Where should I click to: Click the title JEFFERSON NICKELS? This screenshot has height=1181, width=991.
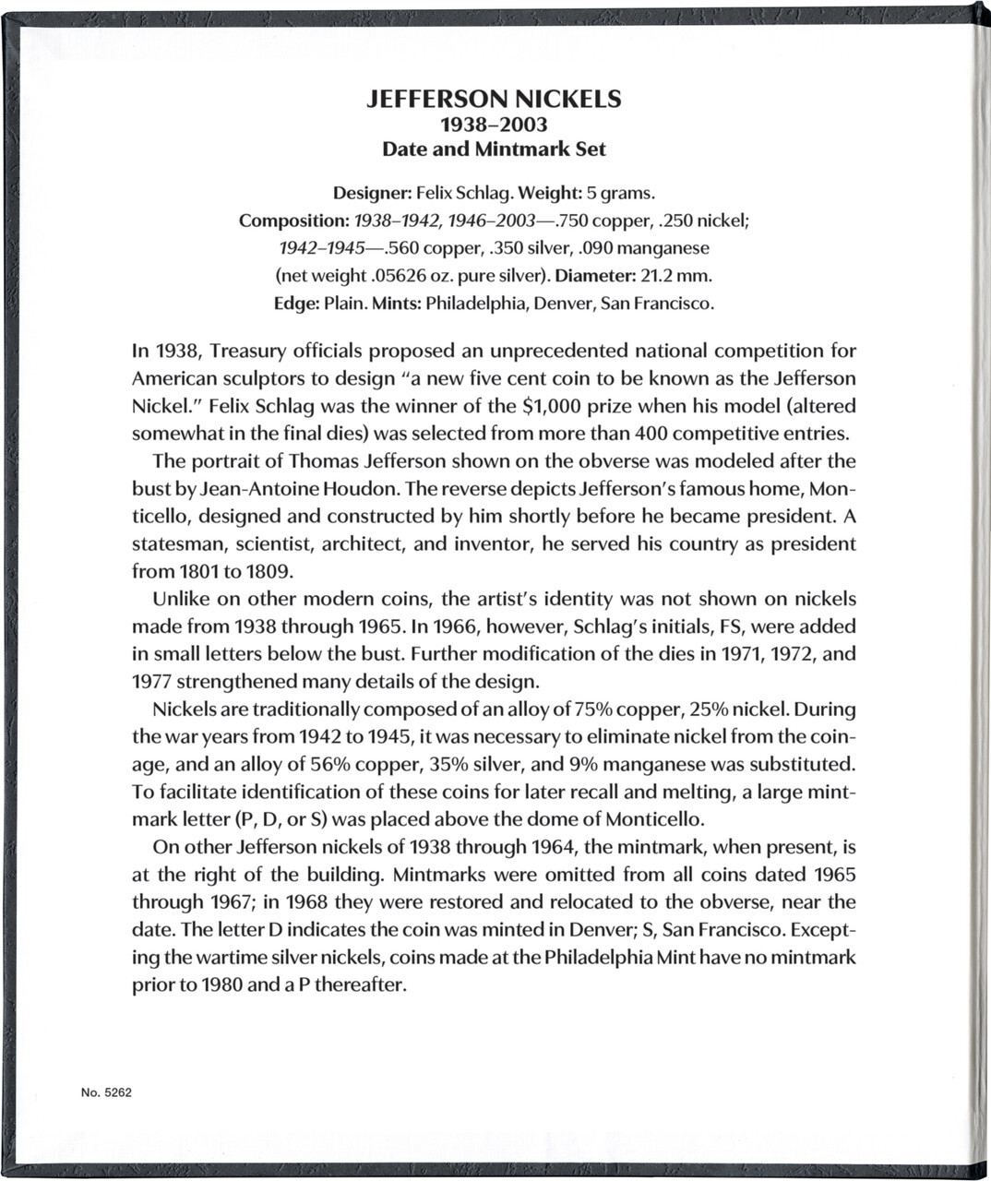point(494,99)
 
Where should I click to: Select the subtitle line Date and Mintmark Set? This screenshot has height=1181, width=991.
point(494,149)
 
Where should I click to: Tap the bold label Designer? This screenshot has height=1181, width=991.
point(372,194)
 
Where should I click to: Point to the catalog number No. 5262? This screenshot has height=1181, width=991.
point(106,1092)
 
